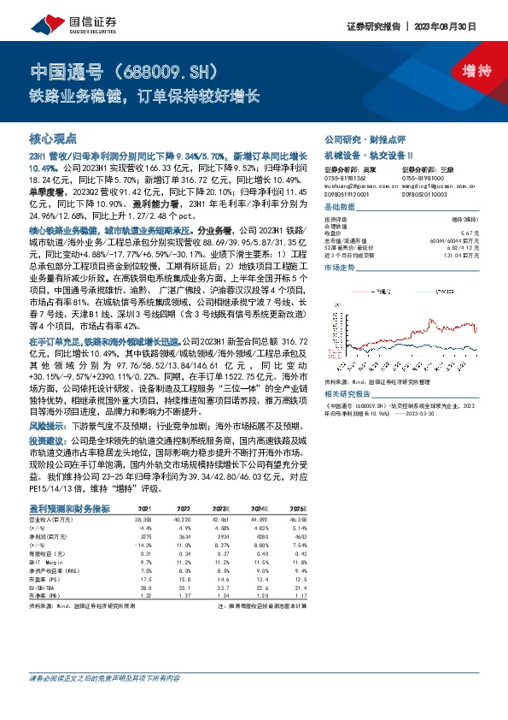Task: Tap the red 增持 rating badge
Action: [x=464, y=71]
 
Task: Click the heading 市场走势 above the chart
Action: [x=340, y=267]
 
